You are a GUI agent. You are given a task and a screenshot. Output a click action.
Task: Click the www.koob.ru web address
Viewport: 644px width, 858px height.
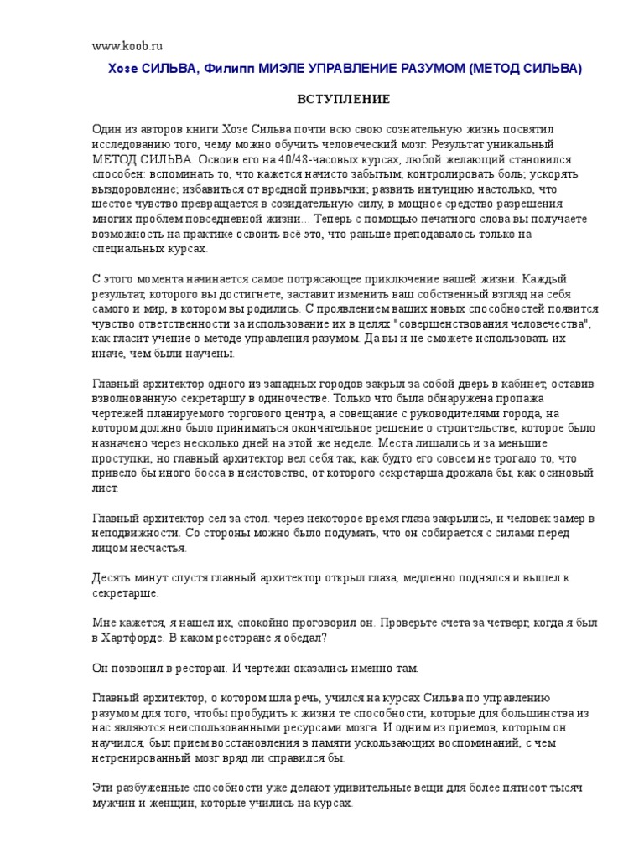tap(127, 49)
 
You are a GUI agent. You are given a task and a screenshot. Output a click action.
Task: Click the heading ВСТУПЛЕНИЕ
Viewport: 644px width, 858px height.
tap(345, 100)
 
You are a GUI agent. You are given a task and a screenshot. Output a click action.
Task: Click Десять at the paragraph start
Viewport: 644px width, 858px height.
tap(112, 578)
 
